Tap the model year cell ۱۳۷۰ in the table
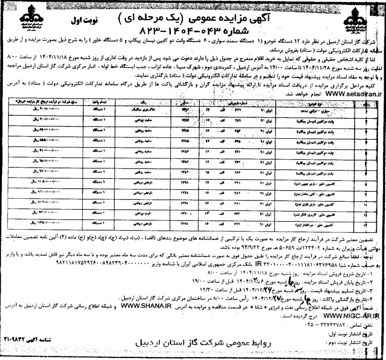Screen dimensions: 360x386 pyautogui.click(x=183, y=213)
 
